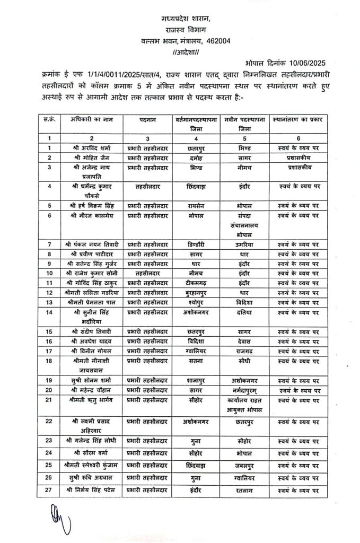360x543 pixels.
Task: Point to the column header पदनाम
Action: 148,119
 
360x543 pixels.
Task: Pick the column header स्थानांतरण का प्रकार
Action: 298,119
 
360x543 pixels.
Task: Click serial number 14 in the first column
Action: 49,312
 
